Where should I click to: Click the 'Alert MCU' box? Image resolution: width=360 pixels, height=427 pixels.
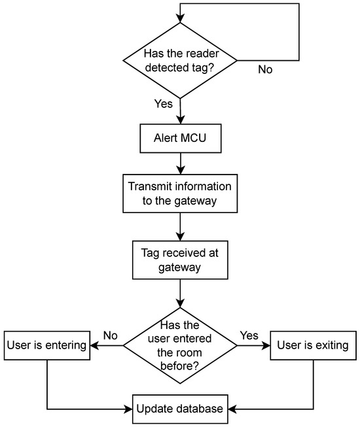pos(179,137)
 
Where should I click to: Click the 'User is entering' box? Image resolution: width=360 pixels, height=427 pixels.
pos(46,344)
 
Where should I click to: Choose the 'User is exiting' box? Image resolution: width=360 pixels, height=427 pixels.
pos(313,344)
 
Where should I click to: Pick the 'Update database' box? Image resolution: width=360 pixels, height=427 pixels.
pos(179,410)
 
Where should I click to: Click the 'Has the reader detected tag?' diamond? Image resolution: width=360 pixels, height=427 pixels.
pos(179,60)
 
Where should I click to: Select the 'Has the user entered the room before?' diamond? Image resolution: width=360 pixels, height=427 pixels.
pos(179,344)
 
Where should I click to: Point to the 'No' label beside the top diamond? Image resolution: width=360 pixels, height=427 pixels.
pos(265,69)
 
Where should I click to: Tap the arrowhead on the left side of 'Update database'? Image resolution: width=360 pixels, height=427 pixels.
pos(128,410)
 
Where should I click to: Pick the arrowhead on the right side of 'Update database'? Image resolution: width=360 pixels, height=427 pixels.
pos(231,410)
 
